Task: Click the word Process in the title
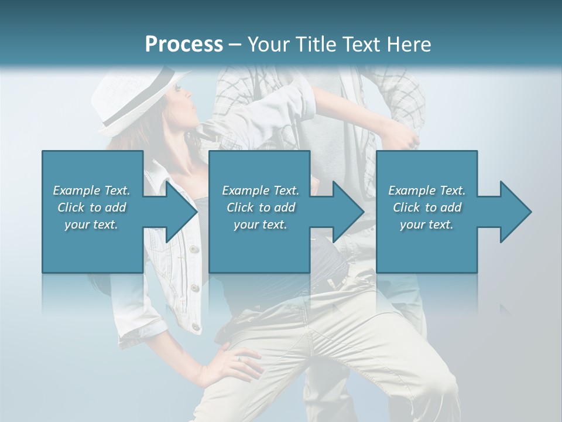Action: coord(184,45)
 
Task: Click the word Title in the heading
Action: coord(316,45)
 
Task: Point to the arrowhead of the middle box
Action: coord(348,212)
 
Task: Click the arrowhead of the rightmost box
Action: coord(515,212)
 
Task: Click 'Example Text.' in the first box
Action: coord(91,190)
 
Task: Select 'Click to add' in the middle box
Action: coord(261,207)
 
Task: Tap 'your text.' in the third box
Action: coord(426,224)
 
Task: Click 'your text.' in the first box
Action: coord(91,224)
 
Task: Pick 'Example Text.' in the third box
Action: coord(426,190)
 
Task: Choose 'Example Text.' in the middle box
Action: coord(261,190)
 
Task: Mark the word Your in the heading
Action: coord(270,45)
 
